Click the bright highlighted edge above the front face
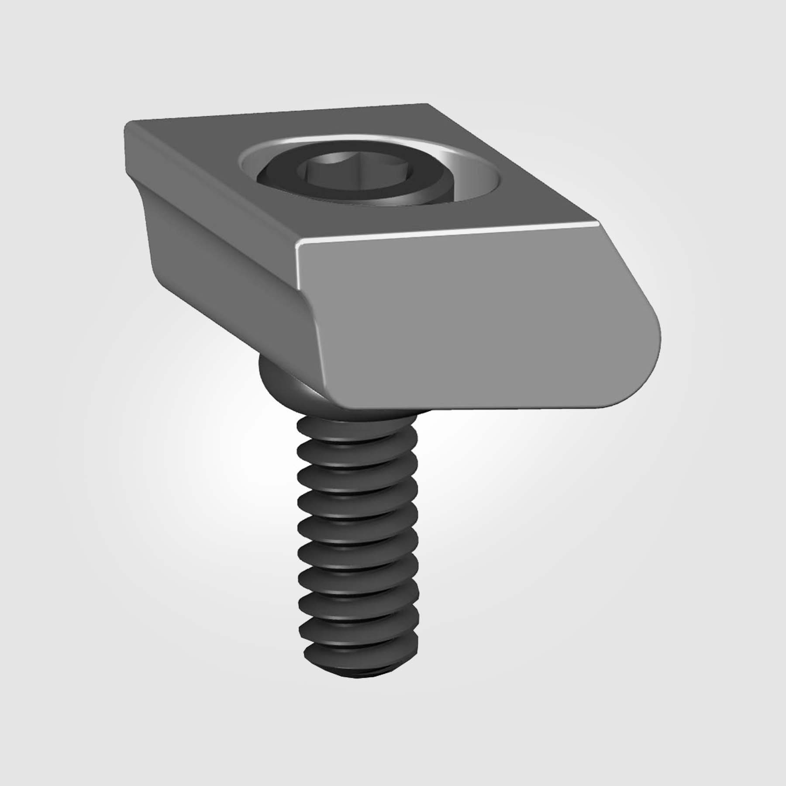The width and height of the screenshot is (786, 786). point(445,236)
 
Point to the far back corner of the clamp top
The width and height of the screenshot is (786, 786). point(426,105)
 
